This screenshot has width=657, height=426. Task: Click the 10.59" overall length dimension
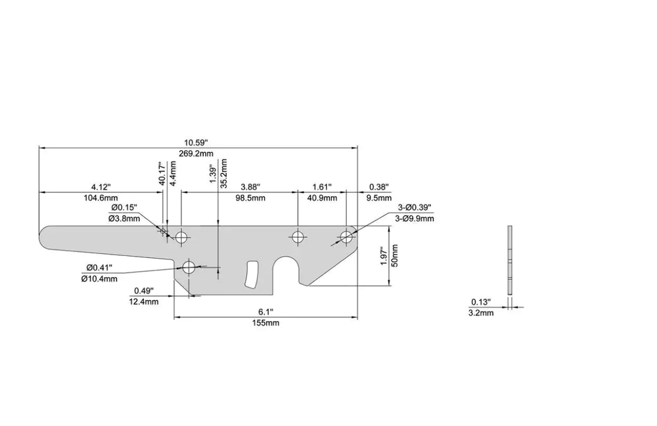tap(196, 142)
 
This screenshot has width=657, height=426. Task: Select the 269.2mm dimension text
tap(196, 154)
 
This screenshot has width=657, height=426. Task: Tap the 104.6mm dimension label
tap(101, 198)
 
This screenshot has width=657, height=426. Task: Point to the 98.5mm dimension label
tap(250, 198)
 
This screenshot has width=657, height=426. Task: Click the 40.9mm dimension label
tap(322, 198)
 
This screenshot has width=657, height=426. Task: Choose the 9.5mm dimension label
tap(379, 198)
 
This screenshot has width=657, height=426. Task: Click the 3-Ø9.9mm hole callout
tap(415, 219)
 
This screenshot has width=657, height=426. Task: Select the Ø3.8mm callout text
tap(124, 219)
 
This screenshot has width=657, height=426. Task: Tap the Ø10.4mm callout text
tap(99, 279)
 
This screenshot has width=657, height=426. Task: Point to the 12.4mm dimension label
tap(144, 302)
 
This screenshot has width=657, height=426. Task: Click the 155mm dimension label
tap(265, 323)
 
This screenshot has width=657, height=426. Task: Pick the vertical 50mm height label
tap(394, 255)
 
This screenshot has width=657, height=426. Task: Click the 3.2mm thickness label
tap(481, 313)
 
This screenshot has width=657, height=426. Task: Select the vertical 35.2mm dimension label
tap(224, 173)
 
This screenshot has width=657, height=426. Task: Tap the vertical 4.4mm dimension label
tap(173, 173)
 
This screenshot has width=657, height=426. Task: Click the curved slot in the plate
tap(252, 275)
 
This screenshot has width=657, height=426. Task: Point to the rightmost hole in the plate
tap(346, 237)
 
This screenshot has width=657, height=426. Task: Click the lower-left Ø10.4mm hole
tap(189, 266)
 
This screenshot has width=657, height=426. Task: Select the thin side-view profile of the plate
tap(510, 259)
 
